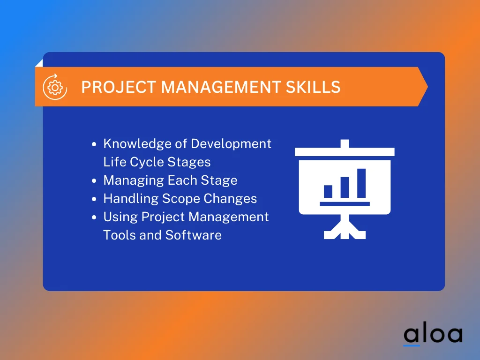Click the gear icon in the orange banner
point(55,87)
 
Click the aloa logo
point(433,334)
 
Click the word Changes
point(231,199)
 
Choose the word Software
point(193,235)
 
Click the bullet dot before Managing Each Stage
point(94,181)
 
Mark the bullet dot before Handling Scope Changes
point(94,199)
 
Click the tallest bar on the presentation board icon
point(361,183)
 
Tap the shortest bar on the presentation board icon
point(328,191)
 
